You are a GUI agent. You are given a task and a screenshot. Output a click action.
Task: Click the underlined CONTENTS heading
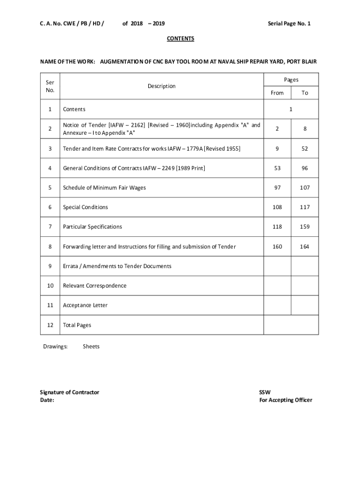(180, 38)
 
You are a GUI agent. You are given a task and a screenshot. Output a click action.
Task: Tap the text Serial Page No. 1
(289, 23)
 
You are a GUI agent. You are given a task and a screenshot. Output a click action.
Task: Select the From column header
(277, 93)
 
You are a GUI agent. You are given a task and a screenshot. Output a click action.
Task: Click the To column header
(305, 93)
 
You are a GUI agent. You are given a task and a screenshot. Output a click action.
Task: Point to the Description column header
(161, 86)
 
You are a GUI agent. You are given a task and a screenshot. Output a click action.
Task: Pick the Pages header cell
(291, 80)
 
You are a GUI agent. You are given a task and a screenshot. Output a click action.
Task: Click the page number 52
(305, 148)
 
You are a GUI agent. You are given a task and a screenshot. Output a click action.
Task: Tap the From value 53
(277, 168)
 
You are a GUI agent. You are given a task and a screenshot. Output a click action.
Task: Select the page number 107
(305, 188)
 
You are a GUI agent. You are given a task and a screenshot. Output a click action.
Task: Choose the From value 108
(277, 207)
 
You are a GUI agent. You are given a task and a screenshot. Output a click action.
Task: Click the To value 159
(305, 227)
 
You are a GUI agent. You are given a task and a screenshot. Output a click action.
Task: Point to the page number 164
(305, 247)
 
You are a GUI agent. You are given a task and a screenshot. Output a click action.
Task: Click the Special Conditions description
(86, 207)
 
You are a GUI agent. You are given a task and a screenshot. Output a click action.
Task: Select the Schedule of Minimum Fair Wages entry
(104, 188)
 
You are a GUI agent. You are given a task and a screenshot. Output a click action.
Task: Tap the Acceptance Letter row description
(85, 305)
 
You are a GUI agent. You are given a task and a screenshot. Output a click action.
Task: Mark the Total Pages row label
(77, 325)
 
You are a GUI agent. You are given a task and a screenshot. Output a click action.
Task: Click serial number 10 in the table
(50, 286)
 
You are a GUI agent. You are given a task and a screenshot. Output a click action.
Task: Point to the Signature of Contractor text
(70, 392)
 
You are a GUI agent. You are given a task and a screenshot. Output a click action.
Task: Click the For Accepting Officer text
(285, 400)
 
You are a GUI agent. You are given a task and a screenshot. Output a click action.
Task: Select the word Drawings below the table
(55, 347)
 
